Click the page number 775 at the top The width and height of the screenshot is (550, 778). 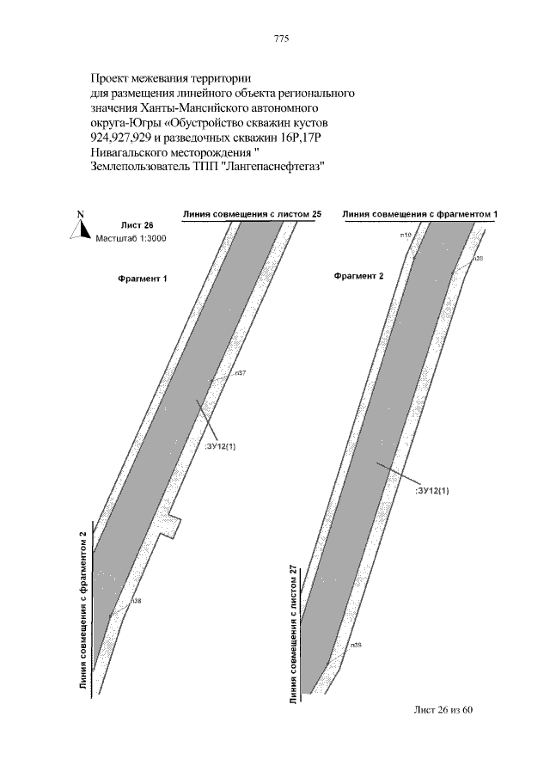pyautogui.click(x=280, y=40)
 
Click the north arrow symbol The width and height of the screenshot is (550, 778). pyautogui.click(x=79, y=224)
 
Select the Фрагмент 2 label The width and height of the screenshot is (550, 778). pyautogui.click(x=358, y=276)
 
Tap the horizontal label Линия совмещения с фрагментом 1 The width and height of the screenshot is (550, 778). pyautogui.click(x=420, y=212)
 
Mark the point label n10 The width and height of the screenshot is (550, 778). pyautogui.click(x=406, y=234)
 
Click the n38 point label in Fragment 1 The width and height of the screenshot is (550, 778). pyautogui.click(x=136, y=600)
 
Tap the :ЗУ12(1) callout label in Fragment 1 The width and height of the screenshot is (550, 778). pyautogui.click(x=221, y=447)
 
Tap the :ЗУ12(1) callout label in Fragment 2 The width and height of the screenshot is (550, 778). pyautogui.click(x=433, y=489)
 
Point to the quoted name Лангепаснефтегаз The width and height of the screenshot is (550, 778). pyautogui.click(x=267, y=166)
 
